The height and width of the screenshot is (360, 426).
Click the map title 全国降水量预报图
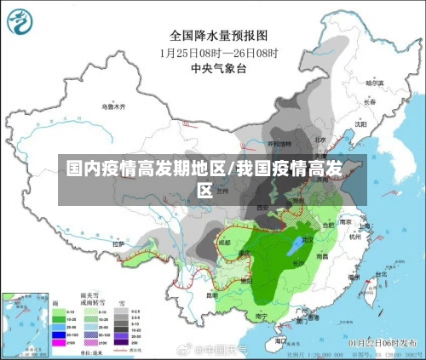coord(219,35)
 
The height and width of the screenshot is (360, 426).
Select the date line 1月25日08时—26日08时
coord(220,52)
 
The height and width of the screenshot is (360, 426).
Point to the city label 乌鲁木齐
coord(113,106)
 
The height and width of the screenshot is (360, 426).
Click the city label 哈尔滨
coord(374,83)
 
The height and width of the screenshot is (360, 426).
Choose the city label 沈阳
coord(360,123)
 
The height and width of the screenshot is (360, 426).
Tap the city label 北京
coord(320,139)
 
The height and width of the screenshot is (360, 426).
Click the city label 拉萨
coord(118,244)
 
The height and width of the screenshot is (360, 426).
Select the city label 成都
coord(224,242)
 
